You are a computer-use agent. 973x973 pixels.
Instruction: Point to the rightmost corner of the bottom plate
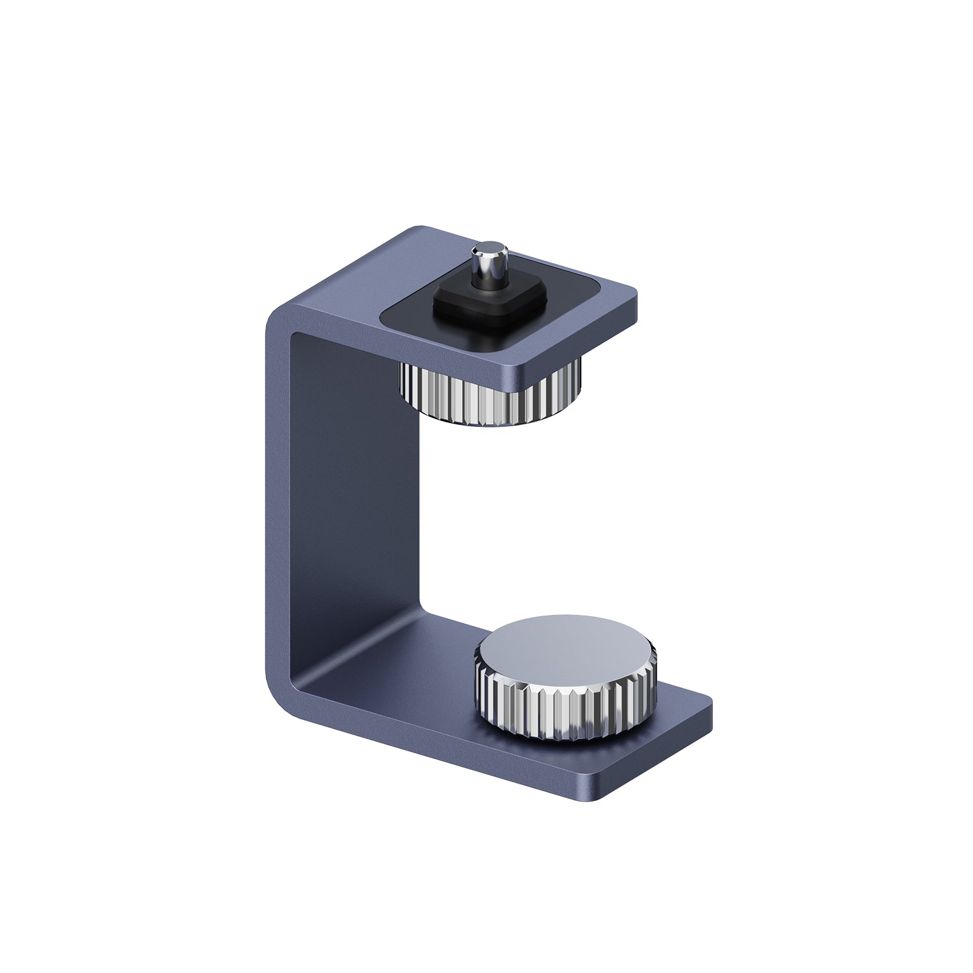[x=711, y=702]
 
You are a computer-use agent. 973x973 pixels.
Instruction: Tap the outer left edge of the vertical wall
[x=267, y=506]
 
